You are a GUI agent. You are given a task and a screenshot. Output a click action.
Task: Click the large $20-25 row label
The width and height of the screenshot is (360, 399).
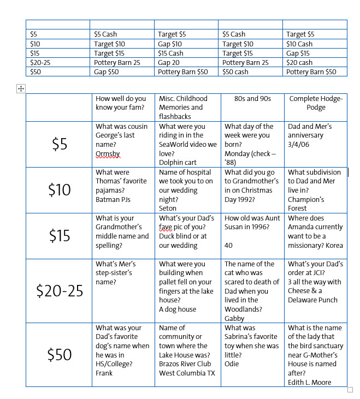click(60, 291)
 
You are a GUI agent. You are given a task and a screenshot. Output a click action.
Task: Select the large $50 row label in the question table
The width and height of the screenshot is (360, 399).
click(60, 354)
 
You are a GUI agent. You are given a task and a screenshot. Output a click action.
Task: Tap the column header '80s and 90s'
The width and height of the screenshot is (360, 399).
click(253, 99)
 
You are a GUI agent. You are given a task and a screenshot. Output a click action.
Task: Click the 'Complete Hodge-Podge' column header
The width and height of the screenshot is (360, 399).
click(316, 103)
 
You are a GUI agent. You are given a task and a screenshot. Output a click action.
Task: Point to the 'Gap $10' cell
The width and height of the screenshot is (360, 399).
click(170, 44)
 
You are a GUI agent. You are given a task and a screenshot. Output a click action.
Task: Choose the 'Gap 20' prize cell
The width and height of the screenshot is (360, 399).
click(169, 62)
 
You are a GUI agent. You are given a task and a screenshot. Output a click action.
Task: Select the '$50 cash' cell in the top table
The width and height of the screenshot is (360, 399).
click(235, 72)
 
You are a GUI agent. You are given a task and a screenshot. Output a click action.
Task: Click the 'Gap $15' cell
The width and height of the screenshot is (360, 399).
click(298, 53)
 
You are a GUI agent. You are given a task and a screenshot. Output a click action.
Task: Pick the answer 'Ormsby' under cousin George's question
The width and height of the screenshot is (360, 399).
click(108, 154)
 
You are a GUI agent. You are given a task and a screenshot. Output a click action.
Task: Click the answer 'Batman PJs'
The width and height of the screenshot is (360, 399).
click(113, 199)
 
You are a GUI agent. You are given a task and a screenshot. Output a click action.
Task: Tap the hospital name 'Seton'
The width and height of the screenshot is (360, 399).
click(168, 208)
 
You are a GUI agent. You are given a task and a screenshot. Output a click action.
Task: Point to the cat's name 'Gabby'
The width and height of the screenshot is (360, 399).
click(234, 318)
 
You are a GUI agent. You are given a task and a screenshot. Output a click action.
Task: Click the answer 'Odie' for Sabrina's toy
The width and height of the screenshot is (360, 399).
click(232, 364)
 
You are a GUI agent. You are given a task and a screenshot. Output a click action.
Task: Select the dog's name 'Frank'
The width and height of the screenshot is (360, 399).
click(104, 373)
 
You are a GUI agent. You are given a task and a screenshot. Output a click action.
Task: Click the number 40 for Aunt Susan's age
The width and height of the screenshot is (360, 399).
click(228, 246)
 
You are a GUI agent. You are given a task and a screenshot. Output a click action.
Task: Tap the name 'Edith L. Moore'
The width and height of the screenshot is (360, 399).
click(310, 382)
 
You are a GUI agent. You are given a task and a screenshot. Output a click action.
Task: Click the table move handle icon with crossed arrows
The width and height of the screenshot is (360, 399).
click(21, 88)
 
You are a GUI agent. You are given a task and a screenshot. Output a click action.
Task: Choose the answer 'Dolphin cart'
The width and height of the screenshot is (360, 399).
click(179, 163)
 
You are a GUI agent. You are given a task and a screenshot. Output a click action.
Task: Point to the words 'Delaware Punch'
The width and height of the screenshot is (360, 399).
click(313, 300)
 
